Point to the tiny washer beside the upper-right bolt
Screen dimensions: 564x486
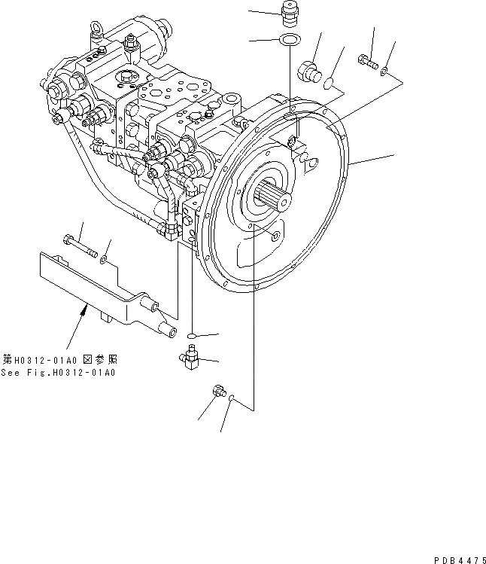385,72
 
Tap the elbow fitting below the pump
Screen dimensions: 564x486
191,357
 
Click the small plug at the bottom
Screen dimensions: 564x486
217,392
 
